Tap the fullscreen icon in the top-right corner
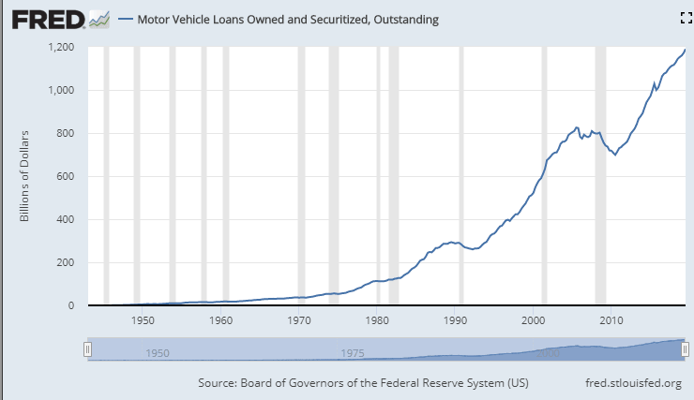[685, 18]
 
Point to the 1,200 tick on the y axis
[61, 47]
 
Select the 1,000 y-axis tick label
[61, 90]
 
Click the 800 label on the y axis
[66, 133]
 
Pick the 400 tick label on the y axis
[66, 219]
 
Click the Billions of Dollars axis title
[27, 176]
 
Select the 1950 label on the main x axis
[143, 321]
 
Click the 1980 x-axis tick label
[377, 321]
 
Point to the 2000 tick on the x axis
[533, 321]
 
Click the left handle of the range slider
[87, 349]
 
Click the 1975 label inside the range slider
[353, 353]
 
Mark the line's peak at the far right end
[685, 49]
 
